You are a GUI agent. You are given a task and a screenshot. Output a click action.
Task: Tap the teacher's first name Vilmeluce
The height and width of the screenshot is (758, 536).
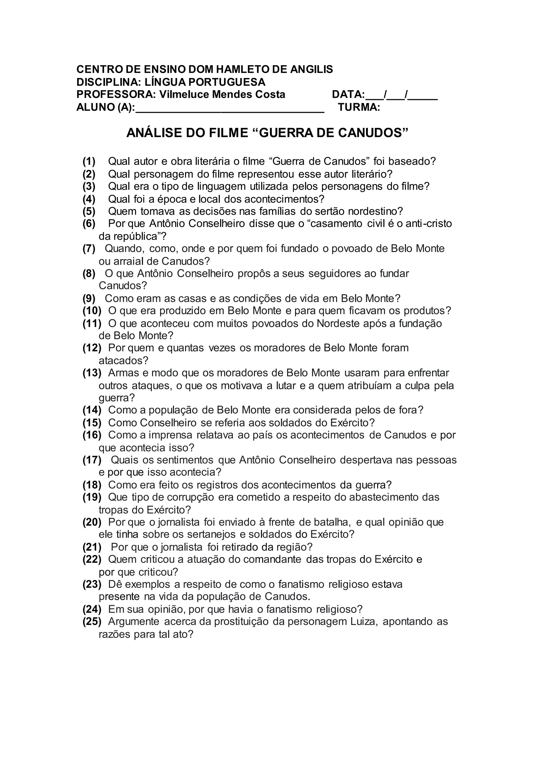[x=183, y=94]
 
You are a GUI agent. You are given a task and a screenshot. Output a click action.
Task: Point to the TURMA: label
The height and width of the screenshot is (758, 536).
[x=359, y=107]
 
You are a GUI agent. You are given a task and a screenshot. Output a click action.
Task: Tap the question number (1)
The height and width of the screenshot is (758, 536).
[x=89, y=161]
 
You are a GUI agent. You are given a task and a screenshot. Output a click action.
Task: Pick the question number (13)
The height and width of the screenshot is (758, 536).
[x=92, y=373]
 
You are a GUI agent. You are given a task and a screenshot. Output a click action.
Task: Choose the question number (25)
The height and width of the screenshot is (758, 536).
[x=92, y=622]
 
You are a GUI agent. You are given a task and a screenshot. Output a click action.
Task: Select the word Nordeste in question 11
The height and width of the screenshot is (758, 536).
[x=338, y=324]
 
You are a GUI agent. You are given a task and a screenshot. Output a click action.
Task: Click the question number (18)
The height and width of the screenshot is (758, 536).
[x=92, y=485]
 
